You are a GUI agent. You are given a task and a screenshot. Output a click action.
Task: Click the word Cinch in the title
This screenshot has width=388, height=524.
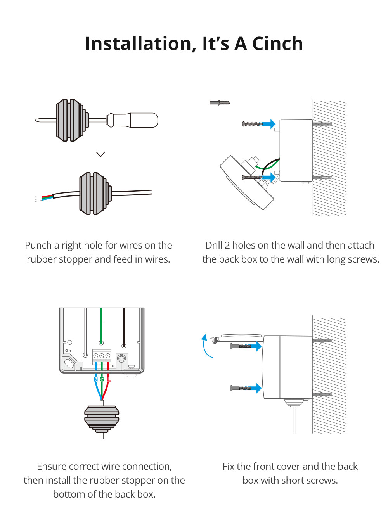coord(277,43)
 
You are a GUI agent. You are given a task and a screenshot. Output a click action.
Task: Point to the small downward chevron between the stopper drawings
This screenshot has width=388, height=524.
coord(100,154)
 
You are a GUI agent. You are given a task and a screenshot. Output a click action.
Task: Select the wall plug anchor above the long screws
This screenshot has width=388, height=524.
coord(220,103)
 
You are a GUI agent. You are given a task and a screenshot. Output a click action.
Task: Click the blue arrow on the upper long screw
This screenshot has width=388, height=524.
coord(269,124)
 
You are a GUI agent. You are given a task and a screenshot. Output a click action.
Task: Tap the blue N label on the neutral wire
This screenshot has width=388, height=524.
coord(96,379)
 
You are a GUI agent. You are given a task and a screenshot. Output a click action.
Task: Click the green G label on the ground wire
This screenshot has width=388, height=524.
coord(102,379)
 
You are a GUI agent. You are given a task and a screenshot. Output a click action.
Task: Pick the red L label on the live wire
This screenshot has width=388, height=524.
coord(109,379)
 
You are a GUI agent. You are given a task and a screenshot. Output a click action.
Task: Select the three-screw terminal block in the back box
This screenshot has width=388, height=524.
coord(102,355)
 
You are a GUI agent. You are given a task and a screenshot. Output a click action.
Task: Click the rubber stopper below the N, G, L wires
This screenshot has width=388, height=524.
coord(102,419)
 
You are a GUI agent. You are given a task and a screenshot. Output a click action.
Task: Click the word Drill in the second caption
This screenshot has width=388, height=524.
coord(214,246)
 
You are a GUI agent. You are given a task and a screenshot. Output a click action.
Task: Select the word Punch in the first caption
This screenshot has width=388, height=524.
coord(38,246)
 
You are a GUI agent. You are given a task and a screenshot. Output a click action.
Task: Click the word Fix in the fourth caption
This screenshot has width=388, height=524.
coord(229,466)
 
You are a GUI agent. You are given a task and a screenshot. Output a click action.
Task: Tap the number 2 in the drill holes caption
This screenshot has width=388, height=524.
coord(227,246)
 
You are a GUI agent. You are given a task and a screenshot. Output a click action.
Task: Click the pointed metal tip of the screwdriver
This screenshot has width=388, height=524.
coord(39,120)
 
